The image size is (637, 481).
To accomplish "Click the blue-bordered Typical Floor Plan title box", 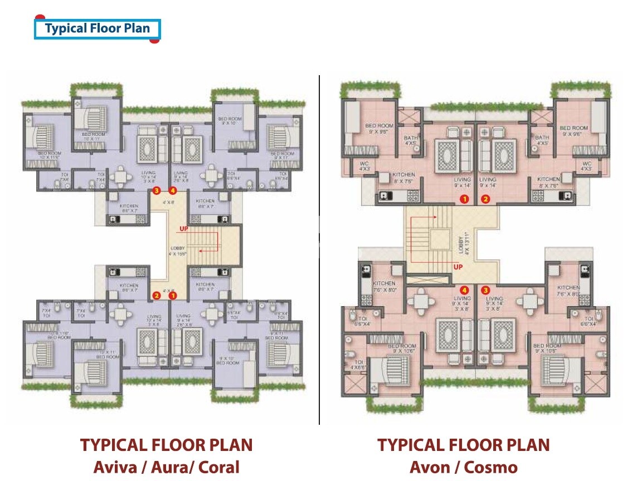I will coord(98,28).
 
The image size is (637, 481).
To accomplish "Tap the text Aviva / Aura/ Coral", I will coord(166,467).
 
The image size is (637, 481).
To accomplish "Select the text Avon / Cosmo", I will coord(463,467).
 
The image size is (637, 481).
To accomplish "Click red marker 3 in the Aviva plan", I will coord(157,190).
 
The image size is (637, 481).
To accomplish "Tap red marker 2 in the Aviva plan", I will coord(157,296).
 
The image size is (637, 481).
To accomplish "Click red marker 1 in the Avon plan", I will coord(464,199).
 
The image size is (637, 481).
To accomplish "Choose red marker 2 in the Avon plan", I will coord(485,199).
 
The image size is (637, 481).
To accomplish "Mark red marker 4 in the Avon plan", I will coord(464,289).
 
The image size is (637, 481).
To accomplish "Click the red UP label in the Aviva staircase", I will coord(183,229).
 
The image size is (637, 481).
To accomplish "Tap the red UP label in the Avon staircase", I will coord(459,267).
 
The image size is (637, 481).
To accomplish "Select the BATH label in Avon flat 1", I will coord(411,138).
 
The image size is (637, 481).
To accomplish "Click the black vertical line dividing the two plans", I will coord(319,251).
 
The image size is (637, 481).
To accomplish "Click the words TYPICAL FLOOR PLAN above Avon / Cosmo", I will coord(463,445).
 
